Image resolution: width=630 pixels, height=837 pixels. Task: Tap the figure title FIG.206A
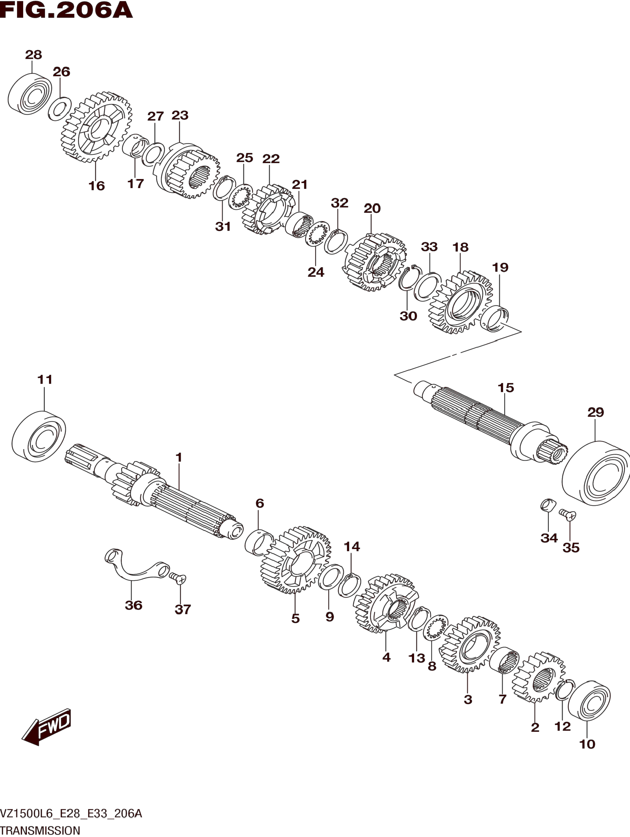pyautogui.click(x=67, y=10)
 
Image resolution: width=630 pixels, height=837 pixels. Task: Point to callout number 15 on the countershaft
pyautogui.click(x=506, y=388)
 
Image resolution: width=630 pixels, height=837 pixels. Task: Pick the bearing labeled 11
pyautogui.click(x=39, y=436)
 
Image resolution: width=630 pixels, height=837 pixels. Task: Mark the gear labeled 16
pyautogui.click(x=97, y=127)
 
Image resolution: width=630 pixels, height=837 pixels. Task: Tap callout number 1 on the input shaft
pyautogui.click(x=179, y=457)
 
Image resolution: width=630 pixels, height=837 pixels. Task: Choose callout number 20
pyautogui.click(x=372, y=209)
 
